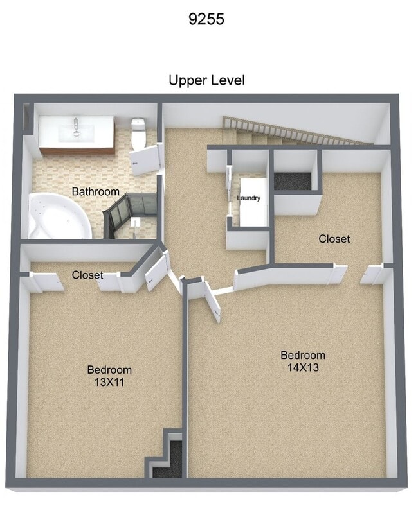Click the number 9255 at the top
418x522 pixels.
pos(206,19)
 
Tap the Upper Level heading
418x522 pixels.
pos(206,81)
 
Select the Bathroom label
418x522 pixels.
pos(95,191)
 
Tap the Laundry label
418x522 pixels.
pos(249,198)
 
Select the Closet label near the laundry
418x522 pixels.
pos(334,239)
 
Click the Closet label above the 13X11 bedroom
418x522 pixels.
pos(87,275)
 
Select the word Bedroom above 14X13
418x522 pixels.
pos(303,355)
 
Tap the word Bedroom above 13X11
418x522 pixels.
pos(109,370)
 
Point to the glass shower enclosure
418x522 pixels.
pos(131,215)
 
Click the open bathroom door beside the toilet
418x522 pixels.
pos(145,159)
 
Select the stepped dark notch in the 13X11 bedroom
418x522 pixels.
pos(167,457)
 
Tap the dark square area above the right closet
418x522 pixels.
pos(294,180)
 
